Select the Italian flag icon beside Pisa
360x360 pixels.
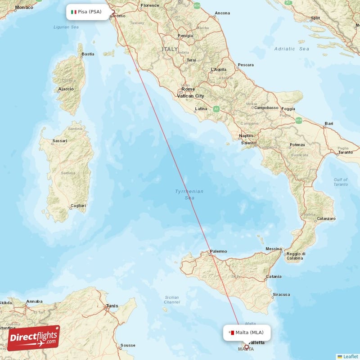coord(74,12)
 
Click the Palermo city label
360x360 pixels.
coord(219,251)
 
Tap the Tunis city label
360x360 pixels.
coord(112,306)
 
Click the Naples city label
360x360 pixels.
coord(246,135)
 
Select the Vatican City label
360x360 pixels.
coord(190,96)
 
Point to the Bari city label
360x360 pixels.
coord(329,123)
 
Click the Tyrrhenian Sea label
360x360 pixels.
coord(189,194)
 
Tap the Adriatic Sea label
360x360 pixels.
coord(292,49)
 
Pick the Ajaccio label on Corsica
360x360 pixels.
coord(66,89)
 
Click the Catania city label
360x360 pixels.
coord(274,276)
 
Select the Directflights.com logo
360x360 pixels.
coord(33,338)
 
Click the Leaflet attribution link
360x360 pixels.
coord(351,356)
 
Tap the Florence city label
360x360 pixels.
coord(150,6)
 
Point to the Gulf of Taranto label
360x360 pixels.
coord(341,182)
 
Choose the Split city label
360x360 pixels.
coord(315,18)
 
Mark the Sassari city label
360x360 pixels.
coord(59,141)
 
